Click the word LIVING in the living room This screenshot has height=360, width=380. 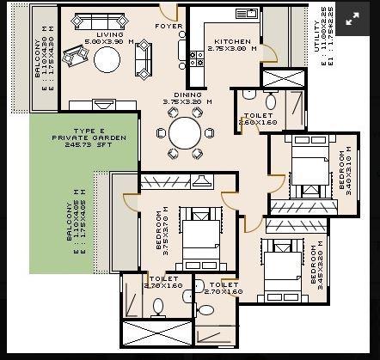pos(109,34)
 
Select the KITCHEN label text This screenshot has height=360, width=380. pos(233,41)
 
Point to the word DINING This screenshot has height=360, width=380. pos(188,95)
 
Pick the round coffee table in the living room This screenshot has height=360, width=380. pos(107,59)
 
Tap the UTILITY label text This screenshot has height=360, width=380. pos(317,25)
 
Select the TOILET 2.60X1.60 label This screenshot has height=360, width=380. pos(258,119)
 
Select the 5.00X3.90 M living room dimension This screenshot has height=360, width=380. pos(109,41)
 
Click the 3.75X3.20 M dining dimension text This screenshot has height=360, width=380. pos(188,102)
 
